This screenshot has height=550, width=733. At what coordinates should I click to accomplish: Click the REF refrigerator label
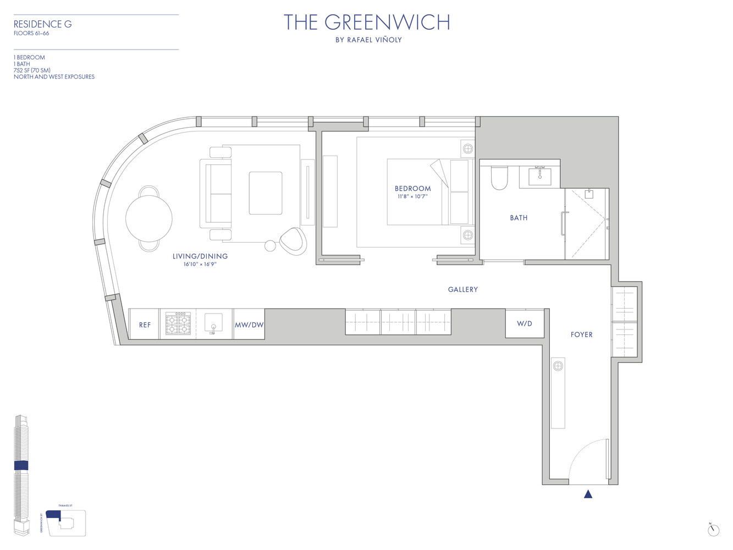pyautogui.click(x=145, y=325)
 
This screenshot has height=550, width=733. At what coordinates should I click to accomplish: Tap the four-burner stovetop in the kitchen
pyautogui.click(x=178, y=324)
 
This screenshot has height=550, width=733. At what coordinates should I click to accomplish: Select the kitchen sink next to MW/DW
pyautogui.click(x=213, y=323)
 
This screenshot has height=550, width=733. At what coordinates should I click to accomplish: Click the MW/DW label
pyautogui.click(x=249, y=325)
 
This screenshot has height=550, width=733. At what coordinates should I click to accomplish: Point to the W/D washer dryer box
pyautogui.click(x=525, y=324)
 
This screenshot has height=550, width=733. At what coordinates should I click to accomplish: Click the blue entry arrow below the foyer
pyautogui.click(x=588, y=494)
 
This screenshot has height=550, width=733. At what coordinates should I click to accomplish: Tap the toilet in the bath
pyautogui.click(x=499, y=178)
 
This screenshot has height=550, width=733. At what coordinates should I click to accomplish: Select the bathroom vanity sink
pyautogui.click(x=539, y=176)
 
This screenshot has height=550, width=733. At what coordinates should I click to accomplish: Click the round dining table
pyautogui.click(x=149, y=218)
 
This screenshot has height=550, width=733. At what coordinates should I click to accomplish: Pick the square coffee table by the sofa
pyautogui.click(x=266, y=193)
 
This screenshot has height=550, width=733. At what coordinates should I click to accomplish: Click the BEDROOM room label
pyautogui.click(x=412, y=189)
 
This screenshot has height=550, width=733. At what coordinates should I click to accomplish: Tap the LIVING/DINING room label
pyautogui.click(x=200, y=256)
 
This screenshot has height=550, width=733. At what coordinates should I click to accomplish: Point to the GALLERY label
pyautogui.click(x=463, y=289)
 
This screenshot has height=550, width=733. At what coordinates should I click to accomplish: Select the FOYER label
pyautogui.click(x=581, y=334)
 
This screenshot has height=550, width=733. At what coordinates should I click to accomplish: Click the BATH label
pyautogui.click(x=519, y=218)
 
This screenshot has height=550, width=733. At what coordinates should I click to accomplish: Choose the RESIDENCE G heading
pyautogui.click(x=42, y=24)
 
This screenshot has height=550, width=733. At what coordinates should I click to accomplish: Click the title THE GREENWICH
pyautogui.click(x=367, y=23)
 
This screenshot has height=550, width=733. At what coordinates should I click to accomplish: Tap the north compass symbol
pyautogui.click(x=713, y=530)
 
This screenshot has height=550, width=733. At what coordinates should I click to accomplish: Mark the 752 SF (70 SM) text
pyautogui.click(x=32, y=70)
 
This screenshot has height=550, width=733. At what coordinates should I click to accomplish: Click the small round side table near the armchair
pyautogui.click(x=270, y=246)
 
